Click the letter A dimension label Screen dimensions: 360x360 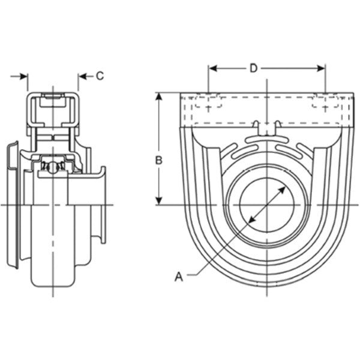pyautogui.click(x=178, y=277)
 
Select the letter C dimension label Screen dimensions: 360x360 pyautogui.click(x=100, y=76)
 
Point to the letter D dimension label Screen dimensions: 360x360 pyautogui.click(x=253, y=68)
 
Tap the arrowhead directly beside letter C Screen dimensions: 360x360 pyautogui.click(x=82, y=76)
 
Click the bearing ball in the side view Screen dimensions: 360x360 pyautogui.click(x=52, y=166)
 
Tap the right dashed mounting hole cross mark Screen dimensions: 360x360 pyautogui.click(x=325, y=107)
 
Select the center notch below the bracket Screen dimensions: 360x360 pyautogui.click(x=266, y=126)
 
